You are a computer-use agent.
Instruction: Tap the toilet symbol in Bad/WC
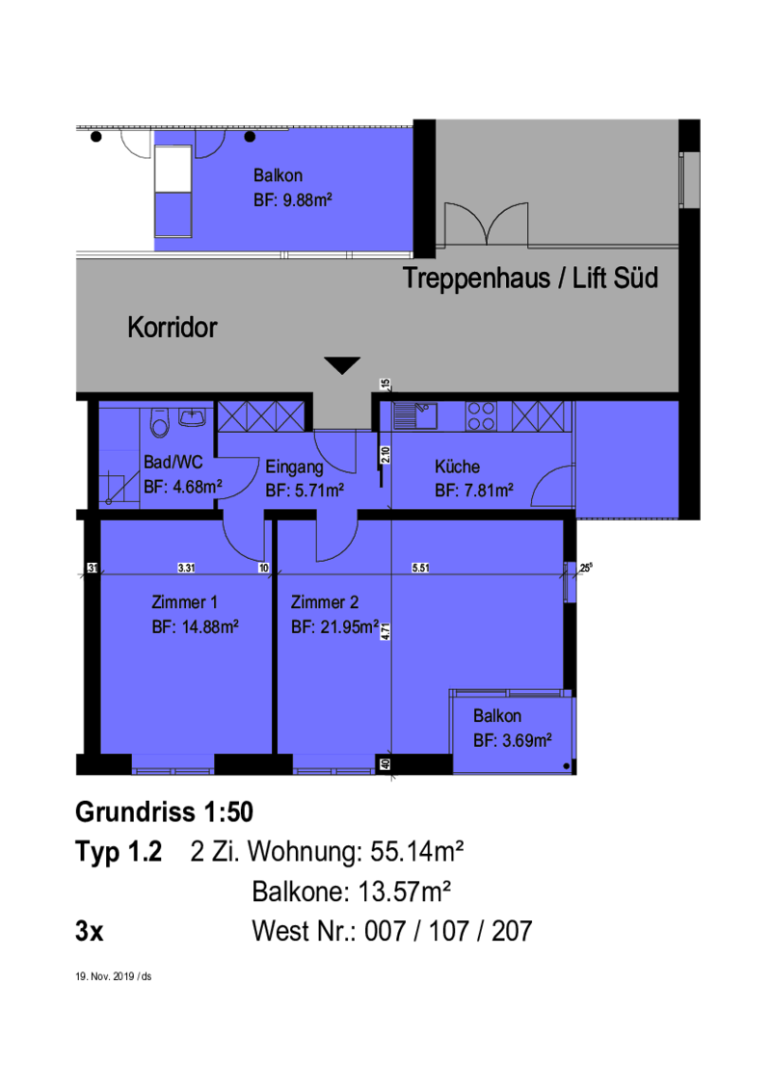(160, 422)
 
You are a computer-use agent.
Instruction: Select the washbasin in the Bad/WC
(192, 416)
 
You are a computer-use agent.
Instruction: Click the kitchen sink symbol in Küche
(414, 415)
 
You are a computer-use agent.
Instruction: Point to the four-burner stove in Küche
(481, 416)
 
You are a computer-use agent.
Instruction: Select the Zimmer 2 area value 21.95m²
(350, 626)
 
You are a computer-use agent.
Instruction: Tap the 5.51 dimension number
(420, 568)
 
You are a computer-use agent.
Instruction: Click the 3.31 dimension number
(187, 568)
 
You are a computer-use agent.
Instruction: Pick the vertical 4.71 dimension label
(385, 631)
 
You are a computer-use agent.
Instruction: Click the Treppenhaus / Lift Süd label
(530, 278)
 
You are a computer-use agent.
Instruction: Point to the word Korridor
(172, 327)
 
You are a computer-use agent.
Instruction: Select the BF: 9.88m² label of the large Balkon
(292, 200)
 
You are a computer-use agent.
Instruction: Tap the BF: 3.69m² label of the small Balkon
(512, 740)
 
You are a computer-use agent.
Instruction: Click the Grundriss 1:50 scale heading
(164, 812)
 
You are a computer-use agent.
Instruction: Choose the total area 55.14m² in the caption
(416, 851)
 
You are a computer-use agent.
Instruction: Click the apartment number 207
(512, 931)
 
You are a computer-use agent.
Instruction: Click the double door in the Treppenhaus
(487, 224)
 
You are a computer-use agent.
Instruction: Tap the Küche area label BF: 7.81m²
(474, 491)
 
